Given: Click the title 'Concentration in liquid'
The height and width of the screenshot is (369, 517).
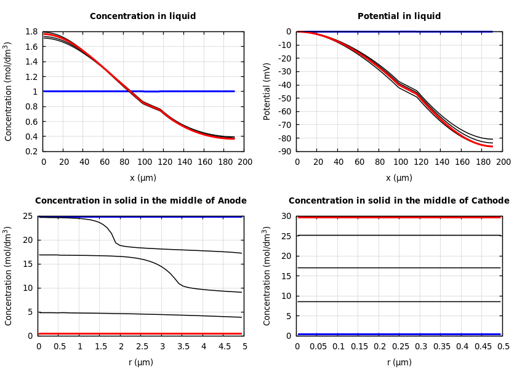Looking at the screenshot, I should (x=143, y=17).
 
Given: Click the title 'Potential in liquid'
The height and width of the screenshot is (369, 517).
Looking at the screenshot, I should (x=399, y=17).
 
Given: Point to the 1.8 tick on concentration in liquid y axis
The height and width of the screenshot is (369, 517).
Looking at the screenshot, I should (x=31, y=31).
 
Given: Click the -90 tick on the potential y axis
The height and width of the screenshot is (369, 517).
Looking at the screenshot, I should (x=284, y=151).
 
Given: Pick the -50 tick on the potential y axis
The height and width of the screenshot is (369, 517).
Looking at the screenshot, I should (x=284, y=98).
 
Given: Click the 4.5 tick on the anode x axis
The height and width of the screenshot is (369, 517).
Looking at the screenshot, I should (x=224, y=347).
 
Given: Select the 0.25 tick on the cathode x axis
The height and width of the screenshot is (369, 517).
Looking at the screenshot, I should (x=400, y=347).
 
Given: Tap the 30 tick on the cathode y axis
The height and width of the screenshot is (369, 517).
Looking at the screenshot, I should (x=286, y=216).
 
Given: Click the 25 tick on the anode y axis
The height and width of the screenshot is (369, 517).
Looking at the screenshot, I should (x=28, y=216).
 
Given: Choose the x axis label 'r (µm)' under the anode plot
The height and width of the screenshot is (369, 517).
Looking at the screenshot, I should (x=141, y=363).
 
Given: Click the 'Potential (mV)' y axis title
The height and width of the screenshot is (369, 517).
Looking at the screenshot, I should (x=267, y=91).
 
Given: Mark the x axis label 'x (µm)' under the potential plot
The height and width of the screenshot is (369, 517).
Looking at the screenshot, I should (x=399, y=178).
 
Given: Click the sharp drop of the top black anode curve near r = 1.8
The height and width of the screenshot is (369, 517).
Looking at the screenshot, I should (x=114, y=238).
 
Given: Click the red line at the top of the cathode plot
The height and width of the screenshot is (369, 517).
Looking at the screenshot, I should (x=400, y=217).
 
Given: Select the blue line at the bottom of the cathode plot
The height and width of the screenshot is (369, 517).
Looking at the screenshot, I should (x=400, y=334).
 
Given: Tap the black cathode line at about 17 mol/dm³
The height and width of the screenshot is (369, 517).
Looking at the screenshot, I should (x=400, y=268).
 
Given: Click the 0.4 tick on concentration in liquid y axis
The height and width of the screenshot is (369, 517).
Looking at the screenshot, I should (x=31, y=137).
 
